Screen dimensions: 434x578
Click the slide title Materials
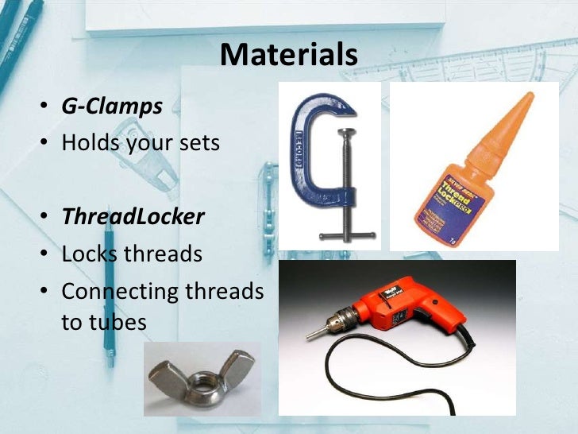point(289,55)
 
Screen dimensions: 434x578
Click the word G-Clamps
point(112,106)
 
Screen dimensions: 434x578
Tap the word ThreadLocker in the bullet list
point(133,216)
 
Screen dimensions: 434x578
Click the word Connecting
point(120,292)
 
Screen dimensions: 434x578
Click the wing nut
point(202,379)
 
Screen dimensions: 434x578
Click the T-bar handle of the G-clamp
point(346,235)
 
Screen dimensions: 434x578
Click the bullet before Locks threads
point(49,255)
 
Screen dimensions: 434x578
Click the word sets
point(195,144)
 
